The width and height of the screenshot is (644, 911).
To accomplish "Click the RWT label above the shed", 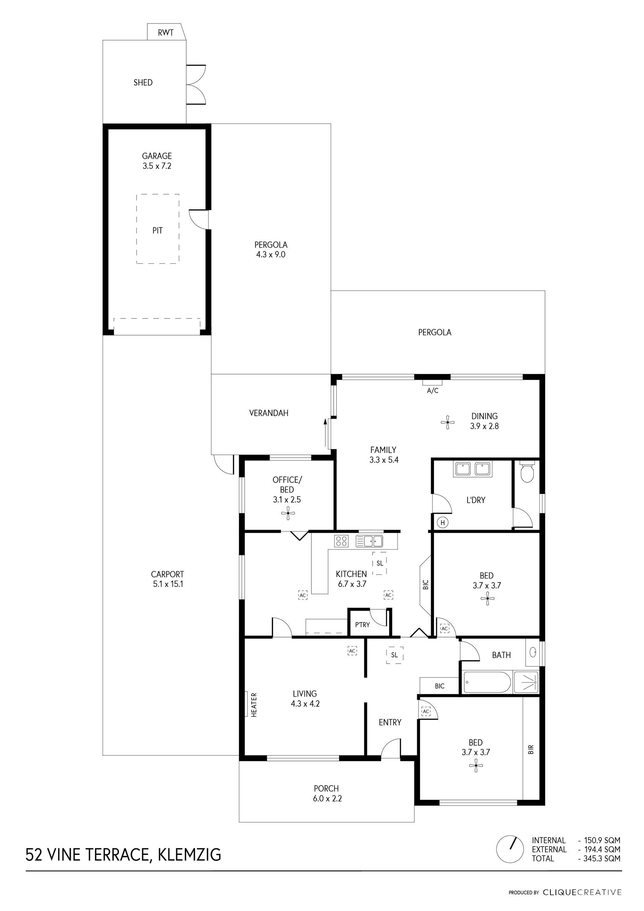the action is [x=165, y=33].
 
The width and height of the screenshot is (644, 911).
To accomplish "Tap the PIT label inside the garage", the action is [x=157, y=231].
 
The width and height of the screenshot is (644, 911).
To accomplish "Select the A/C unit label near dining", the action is [x=433, y=391].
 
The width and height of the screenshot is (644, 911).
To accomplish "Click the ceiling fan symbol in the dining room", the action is [x=448, y=422].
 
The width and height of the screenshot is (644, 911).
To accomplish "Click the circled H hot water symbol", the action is [x=443, y=523].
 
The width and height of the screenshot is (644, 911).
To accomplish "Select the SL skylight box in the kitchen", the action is [x=379, y=563].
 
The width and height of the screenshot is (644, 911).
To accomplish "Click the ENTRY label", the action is [x=390, y=722].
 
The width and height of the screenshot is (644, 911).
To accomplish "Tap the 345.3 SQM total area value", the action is [x=601, y=858].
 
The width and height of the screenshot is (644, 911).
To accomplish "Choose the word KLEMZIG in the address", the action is [x=190, y=854].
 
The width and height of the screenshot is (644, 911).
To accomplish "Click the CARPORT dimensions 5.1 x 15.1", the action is [x=168, y=584].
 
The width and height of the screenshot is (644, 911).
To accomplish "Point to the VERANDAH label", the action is [x=268, y=413].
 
